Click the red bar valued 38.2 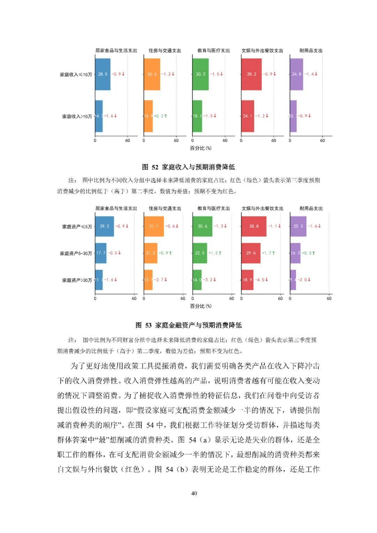coord(251,74)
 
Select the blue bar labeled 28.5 coord(103,74)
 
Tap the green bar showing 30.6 coord(202,226)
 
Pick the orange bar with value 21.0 coord(150,253)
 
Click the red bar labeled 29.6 coord(251,253)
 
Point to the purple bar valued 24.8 coord(296,74)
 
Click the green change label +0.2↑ coord(161,116)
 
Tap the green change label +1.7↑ coord(268,253)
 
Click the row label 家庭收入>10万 coord(77,116)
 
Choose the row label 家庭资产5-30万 coord(76,253)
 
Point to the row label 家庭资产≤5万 coord(77,227)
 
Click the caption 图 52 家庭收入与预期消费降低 coord(188,167)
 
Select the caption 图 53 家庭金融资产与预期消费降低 coord(188,325)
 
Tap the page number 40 coord(194,493)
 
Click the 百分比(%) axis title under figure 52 coord(201,148)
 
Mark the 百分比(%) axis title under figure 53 coord(201,306)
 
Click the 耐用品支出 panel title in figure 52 coord(311,51)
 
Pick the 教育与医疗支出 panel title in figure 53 coord(214,209)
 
